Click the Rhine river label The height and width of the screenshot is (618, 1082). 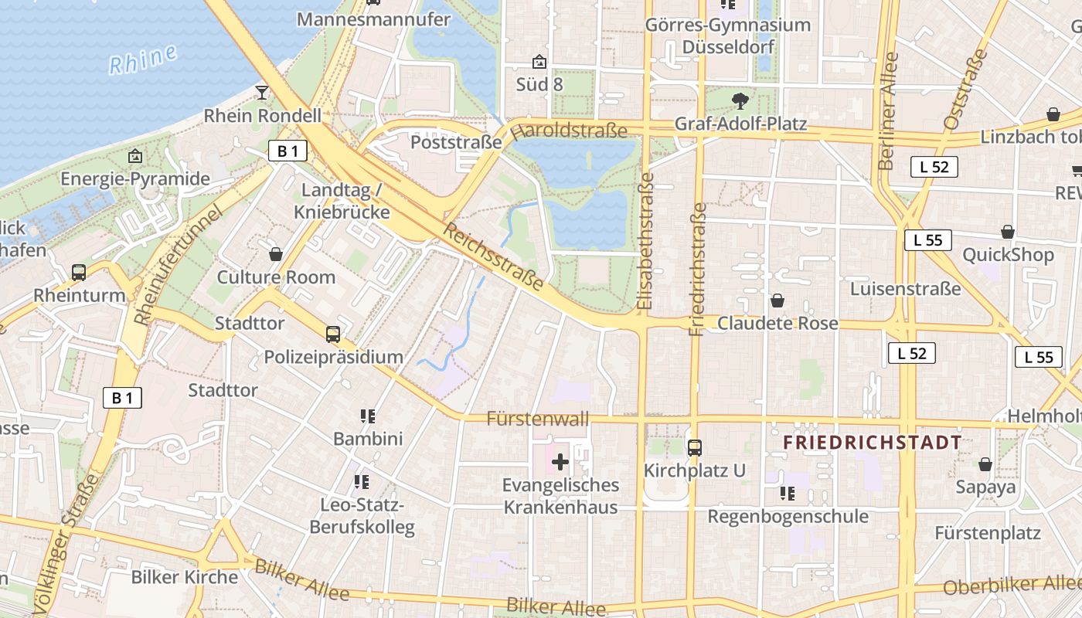point(143,59)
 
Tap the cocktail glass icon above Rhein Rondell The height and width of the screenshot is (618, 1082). point(262,92)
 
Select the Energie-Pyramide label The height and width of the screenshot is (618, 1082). point(135,178)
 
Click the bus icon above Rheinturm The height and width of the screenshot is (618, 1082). point(79,272)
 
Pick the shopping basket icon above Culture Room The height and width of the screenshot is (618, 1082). point(276,253)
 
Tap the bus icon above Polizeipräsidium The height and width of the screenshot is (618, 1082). point(333,334)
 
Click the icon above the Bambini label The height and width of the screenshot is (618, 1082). point(368,416)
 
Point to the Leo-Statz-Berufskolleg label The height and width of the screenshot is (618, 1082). point(362,517)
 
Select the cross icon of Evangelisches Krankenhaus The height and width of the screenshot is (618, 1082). point(560,463)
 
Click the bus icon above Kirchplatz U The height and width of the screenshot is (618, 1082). point(695,447)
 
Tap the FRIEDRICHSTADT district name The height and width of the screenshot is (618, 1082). point(873,443)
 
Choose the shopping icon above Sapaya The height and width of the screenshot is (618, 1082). point(985,463)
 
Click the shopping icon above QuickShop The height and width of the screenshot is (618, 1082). point(1008,231)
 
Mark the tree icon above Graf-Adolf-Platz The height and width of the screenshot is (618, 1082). point(740,100)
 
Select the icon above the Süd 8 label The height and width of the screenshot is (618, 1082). point(539,61)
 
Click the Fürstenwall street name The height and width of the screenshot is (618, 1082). point(538,419)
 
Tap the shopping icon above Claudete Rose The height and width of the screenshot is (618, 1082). point(777,300)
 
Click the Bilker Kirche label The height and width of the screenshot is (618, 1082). point(185,577)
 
